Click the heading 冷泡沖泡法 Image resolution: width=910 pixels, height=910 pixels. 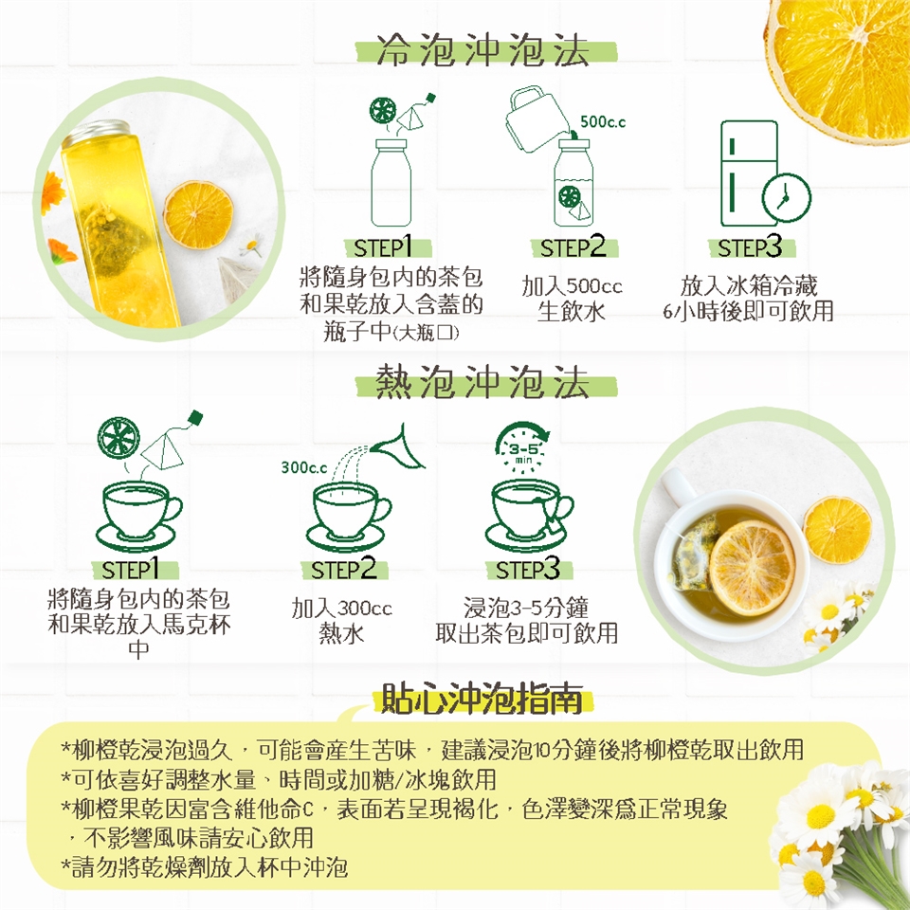482,50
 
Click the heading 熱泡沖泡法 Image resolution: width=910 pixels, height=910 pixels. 482,383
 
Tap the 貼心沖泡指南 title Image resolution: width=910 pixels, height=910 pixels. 482,700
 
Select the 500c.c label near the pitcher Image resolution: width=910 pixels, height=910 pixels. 603,122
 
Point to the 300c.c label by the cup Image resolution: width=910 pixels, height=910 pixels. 304,467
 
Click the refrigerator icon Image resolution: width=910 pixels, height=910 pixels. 749,173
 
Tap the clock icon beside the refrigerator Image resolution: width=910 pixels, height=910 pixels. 786,197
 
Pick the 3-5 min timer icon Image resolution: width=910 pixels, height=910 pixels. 522,446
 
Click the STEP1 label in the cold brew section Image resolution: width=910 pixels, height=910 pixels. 382,247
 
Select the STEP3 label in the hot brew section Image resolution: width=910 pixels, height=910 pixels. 528,569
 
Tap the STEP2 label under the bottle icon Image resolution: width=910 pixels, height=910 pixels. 573,247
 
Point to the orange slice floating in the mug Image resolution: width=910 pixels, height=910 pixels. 752,568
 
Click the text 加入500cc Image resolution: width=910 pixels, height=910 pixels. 572,286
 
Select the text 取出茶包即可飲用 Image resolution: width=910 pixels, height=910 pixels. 527,633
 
